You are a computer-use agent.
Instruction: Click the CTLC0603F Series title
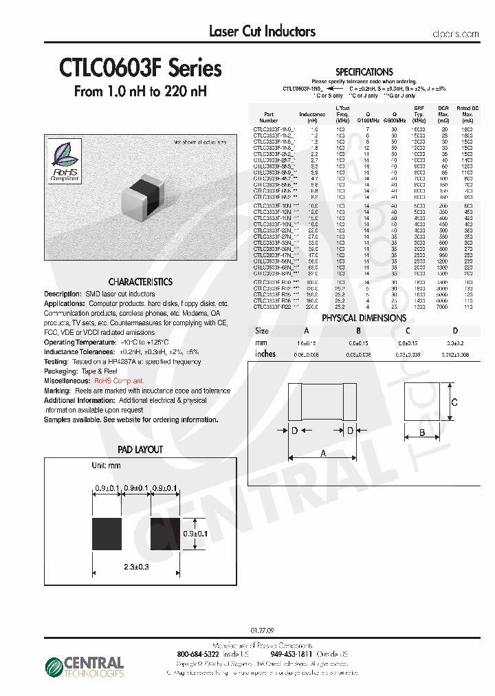(140, 69)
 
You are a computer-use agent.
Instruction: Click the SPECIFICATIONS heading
(364, 72)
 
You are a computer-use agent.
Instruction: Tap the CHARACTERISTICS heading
(140, 282)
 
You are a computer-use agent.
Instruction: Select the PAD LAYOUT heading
(140, 450)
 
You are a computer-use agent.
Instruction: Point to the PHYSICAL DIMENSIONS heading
(364, 318)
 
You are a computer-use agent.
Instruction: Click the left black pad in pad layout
(107, 533)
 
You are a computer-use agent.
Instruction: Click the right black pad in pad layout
(166, 533)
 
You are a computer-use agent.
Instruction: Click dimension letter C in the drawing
(454, 402)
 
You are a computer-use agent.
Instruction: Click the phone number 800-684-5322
(199, 654)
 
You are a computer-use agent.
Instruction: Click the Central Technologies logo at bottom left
(85, 666)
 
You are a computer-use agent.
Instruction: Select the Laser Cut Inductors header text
(262, 31)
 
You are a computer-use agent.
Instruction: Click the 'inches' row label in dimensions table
(265, 354)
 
